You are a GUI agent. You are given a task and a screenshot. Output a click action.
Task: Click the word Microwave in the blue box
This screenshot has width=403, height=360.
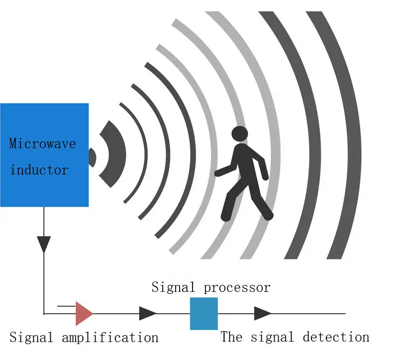point(42,144)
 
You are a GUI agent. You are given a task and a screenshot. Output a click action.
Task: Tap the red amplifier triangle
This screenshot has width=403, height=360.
point(83,313)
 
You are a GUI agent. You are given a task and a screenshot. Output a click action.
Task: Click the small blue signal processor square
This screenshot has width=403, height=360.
point(204,313)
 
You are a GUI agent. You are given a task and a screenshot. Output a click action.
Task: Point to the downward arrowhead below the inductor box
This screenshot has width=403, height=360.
point(44,244)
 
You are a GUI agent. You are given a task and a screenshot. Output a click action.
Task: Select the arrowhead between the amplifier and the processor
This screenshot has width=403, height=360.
point(148,313)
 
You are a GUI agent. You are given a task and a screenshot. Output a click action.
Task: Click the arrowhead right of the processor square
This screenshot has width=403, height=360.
point(262,313)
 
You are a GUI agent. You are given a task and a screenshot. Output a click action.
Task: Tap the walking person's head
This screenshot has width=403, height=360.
point(240,134)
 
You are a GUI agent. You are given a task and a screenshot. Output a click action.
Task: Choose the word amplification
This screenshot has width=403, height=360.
point(110,338)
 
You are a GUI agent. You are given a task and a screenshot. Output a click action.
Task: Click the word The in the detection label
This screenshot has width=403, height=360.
point(231,337)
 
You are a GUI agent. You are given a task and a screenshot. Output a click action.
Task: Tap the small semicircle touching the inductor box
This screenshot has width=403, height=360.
point(92,157)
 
